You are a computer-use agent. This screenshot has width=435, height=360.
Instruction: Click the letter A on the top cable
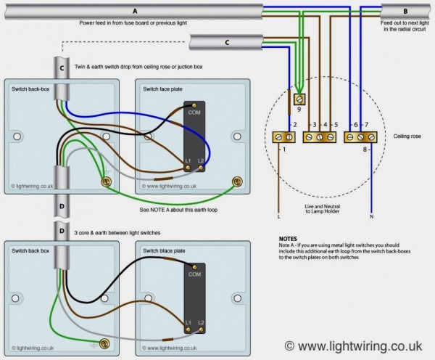pyautogui.click(x=134, y=11)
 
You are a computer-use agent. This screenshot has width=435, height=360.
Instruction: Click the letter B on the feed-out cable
pyautogui.click(x=405, y=11)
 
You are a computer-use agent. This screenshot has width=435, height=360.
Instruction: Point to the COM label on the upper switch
pyautogui.click(x=194, y=113)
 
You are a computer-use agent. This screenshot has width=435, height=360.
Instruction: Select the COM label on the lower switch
pyautogui.click(x=194, y=275)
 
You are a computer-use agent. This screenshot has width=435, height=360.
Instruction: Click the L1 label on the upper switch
pyautogui.click(x=188, y=160)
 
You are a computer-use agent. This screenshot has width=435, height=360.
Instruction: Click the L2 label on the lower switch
pyautogui.click(x=201, y=321)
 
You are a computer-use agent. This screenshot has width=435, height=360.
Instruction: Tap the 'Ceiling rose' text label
pyautogui.click(x=407, y=136)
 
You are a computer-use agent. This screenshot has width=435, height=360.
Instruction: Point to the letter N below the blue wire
pyautogui.click(x=371, y=217)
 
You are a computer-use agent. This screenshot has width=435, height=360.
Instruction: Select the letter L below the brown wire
pyautogui.click(x=278, y=217)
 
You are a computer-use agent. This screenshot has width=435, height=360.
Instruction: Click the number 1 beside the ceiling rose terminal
pyautogui.click(x=283, y=149)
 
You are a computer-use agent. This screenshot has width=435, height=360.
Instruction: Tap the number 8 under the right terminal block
pyautogui.click(x=364, y=149)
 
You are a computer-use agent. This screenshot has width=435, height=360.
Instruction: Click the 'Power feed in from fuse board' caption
pyautogui.click(x=132, y=24)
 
